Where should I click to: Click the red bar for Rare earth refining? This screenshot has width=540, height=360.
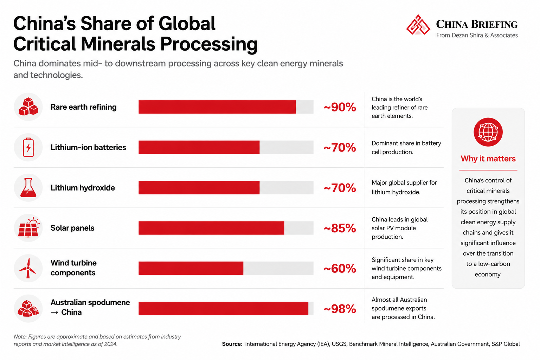[x=217, y=107]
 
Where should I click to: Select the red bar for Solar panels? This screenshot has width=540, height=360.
[x=211, y=228]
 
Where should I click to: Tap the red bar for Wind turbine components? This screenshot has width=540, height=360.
[x=191, y=268]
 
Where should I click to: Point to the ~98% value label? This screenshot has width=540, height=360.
[x=340, y=309]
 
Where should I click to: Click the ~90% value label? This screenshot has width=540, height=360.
[x=340, y=107]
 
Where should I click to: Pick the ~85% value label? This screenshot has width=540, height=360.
[x=340, y=228]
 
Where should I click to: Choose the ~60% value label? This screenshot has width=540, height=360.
[x=340, y=268]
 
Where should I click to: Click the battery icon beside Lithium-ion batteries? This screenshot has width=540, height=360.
[x=28, y=147]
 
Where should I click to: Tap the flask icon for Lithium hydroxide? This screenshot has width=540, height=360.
[x=28, y=188]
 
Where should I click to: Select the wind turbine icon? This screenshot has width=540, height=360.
[x=28, y=268]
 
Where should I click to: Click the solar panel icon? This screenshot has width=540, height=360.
[x=29, y=227]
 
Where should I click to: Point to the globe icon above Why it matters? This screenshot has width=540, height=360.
[x=488, y=132]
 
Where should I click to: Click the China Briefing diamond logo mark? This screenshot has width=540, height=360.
[x=418, y=25]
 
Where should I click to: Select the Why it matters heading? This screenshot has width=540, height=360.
[x=488, y=159]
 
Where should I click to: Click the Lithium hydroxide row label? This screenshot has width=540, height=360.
[x=83, y=188]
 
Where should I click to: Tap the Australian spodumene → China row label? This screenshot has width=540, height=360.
[x=90, y=307]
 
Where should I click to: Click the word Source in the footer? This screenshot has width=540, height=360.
[x=232, y=344]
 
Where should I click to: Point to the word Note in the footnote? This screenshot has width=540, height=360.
[x=20, y=336]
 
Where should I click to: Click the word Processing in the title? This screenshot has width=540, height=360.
[x=209, y=44]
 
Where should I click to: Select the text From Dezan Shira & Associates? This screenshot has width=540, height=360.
[x=477, y=35]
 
